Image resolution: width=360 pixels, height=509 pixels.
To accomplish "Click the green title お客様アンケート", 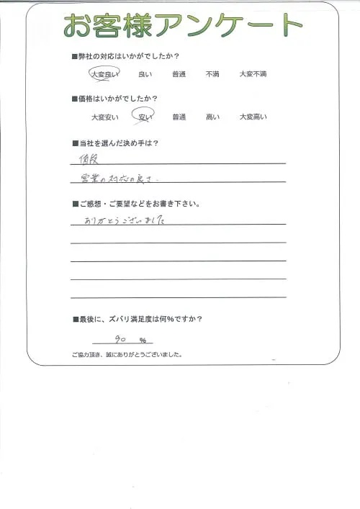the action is click(182, 27).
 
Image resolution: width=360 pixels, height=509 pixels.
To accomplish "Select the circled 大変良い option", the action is click(104, 73).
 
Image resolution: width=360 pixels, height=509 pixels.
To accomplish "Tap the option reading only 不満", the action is click(212, 73).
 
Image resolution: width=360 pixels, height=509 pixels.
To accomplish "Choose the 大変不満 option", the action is click(253, 73).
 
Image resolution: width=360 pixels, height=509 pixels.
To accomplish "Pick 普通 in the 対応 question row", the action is click(179, 73).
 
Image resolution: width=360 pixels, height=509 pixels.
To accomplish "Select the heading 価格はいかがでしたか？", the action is click(118, 99).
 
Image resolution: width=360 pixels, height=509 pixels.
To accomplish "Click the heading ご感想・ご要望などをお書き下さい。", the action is click(138, 204).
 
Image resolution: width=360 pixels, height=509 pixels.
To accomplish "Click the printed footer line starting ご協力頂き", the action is click(126, 355).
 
